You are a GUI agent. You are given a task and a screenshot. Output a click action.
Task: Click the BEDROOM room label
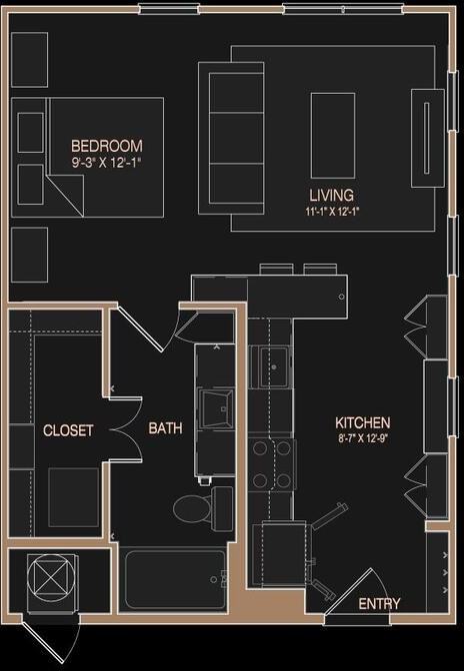(x=106, y=145)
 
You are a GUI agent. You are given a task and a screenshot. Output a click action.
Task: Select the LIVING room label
(x=331, y=196)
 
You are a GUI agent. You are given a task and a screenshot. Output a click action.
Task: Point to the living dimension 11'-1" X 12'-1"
(x=332, y=211)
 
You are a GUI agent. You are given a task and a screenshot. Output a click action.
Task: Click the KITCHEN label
(x=363, y=423)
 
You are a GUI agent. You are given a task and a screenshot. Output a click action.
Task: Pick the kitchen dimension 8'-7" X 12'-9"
(x=363, y=438)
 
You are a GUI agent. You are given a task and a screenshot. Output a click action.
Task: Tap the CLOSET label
(x=68, y=430)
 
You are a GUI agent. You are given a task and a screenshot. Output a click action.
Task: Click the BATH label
(x=165, y=428)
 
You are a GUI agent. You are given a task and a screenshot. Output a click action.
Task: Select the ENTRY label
(x=379, y=603)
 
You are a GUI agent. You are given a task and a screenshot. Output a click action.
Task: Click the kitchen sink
(x=271, y=366)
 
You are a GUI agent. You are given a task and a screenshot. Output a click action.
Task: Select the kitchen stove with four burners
(x=271, y=464)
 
